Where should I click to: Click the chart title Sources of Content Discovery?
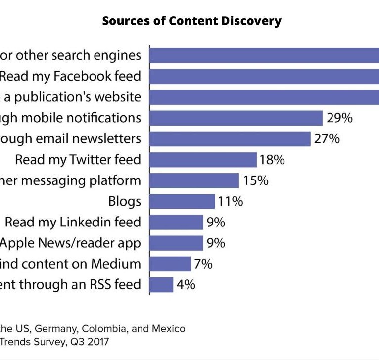[191, 21]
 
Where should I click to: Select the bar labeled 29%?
[236, 118]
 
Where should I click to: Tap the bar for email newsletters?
[230, 139]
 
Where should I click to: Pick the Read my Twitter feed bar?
[203, 160]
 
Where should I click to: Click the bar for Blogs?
[182, 201]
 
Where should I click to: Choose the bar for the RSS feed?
[161, 285]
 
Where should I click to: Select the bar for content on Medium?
[170, 264]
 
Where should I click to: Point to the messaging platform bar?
[194, 180]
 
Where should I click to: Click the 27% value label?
[327, 139]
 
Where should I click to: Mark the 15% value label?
[255, 180]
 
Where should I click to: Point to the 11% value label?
[231, 201]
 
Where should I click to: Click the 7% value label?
[203, 264]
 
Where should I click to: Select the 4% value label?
[185, 285]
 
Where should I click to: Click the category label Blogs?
[125, 201]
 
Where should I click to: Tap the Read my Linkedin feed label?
[73, 222]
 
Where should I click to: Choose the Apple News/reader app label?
[71, 243]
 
